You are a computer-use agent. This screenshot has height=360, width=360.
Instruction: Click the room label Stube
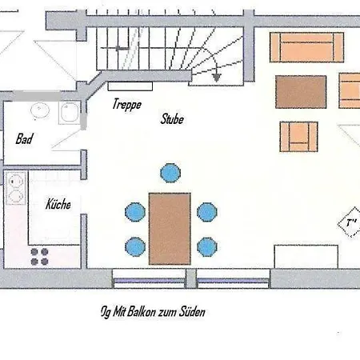tap(172, 119)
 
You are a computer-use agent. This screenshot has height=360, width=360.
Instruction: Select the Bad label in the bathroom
tap(26, 138)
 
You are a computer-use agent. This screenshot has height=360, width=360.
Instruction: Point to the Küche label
tap(58, 204)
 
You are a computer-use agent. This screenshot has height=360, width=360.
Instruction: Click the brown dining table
tap(170, 227)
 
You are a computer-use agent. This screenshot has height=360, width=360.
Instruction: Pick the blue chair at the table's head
tap(170, 173)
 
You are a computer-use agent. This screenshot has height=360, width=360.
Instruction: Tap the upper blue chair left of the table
tap(134, 212)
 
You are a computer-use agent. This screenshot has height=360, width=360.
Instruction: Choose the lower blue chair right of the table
tap(206, 246)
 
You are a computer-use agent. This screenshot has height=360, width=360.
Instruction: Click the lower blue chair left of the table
tap(134, 246)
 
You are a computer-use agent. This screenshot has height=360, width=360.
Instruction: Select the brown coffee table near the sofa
tap(301, 91)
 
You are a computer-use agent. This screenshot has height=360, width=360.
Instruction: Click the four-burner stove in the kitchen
tap(39, 256)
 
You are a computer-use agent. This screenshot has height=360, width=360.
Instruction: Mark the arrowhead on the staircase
tap(218, 78)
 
